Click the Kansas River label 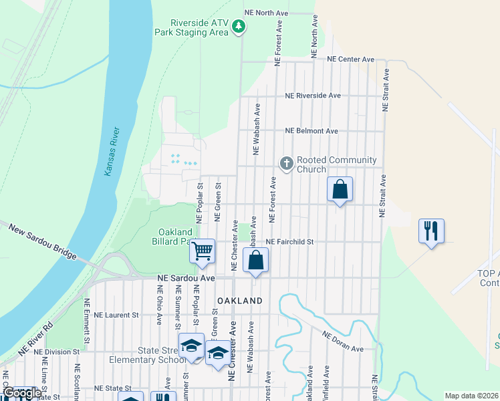click(111, 152)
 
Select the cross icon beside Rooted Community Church click(287, 164)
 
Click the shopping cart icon click(202, 251)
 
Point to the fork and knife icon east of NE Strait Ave click(431, 231)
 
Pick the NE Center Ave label click(350, 59)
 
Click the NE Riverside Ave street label click(312, 96)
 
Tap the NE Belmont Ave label click(311, 131)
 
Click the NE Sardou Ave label click(186, 277)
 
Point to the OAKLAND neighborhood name click(239, 301)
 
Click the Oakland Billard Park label click(170, 237)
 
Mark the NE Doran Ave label click(342, 341)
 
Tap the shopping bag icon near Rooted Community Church click(340, 189)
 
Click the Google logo click(21, 394)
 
